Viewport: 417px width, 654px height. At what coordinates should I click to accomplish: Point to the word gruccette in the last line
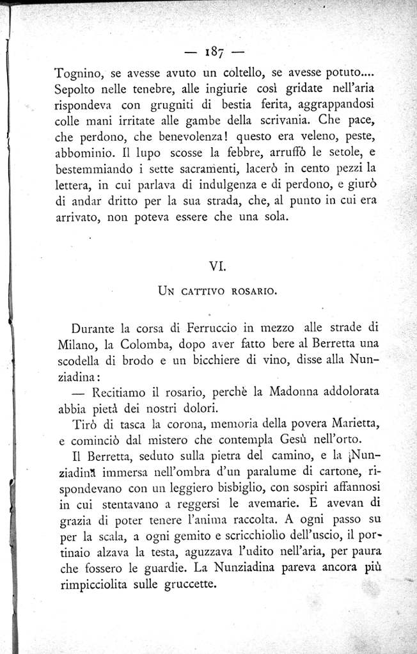(x=191, y=584)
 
